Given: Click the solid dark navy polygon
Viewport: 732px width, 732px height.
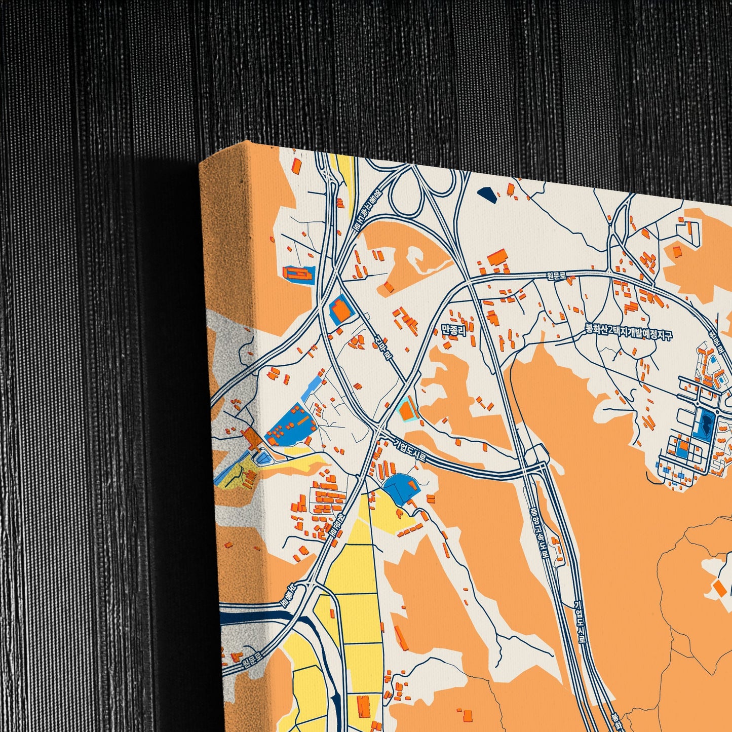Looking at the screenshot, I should point(487,193).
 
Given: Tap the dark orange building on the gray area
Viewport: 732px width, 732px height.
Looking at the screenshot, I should point(251,436).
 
